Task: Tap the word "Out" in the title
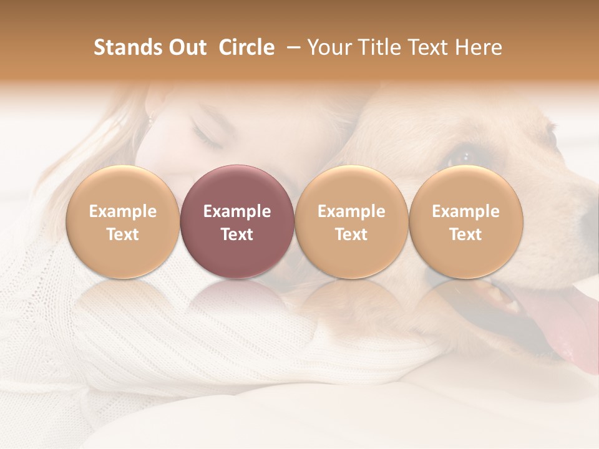187,47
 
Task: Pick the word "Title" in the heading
380,47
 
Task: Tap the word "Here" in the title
480,47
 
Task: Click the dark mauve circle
237,221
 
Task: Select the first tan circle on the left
123,221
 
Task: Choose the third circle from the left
351,221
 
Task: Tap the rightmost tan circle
465,221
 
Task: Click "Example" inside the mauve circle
237,211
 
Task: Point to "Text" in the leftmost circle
123,234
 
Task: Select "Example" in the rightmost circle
465,211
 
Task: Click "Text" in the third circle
351,234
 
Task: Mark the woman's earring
150,117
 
